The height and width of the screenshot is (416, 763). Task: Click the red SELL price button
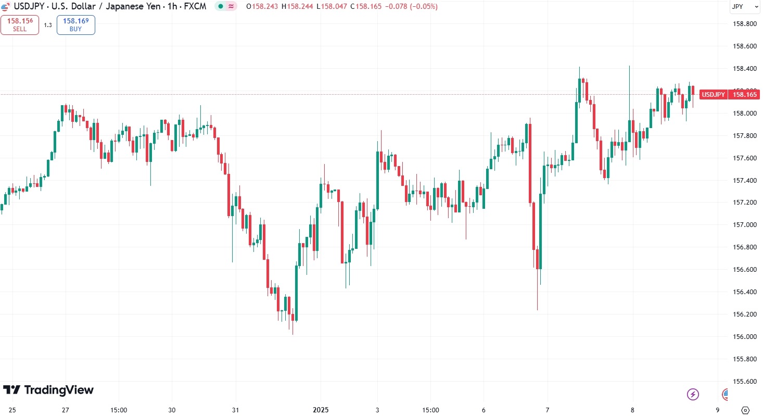click(x=20, y=24)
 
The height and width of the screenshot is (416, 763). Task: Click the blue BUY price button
click(x=75, y=24)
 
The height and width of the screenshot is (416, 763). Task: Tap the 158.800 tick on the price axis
click(x=744, y=24)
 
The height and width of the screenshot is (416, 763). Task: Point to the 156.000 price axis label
click(x=744, y=336)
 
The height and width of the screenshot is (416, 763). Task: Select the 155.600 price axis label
click(x=744, y=381)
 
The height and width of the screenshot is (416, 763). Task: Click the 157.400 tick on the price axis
click(x=744, y=180)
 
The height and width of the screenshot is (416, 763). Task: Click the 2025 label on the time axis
click(x=321, y=410)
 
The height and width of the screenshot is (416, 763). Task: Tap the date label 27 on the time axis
click(x=66, y=410)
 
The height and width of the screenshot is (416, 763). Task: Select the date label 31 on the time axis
click(x=235, y=410)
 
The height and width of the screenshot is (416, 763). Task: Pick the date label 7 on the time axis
click(x=548, y=410)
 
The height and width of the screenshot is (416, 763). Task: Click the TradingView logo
click(x=48, y=390)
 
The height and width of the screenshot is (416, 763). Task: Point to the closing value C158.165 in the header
click(x=368, y=7)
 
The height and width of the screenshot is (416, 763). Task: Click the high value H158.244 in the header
click(x=298, y=7)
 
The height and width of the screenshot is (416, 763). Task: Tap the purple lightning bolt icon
click(x=693, y=394)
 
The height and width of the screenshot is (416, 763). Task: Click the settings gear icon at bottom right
click(x=745, y=410)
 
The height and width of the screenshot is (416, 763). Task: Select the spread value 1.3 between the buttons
click(x=48, y=25)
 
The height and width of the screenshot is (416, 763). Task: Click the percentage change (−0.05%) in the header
click(x=424, y=7)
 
